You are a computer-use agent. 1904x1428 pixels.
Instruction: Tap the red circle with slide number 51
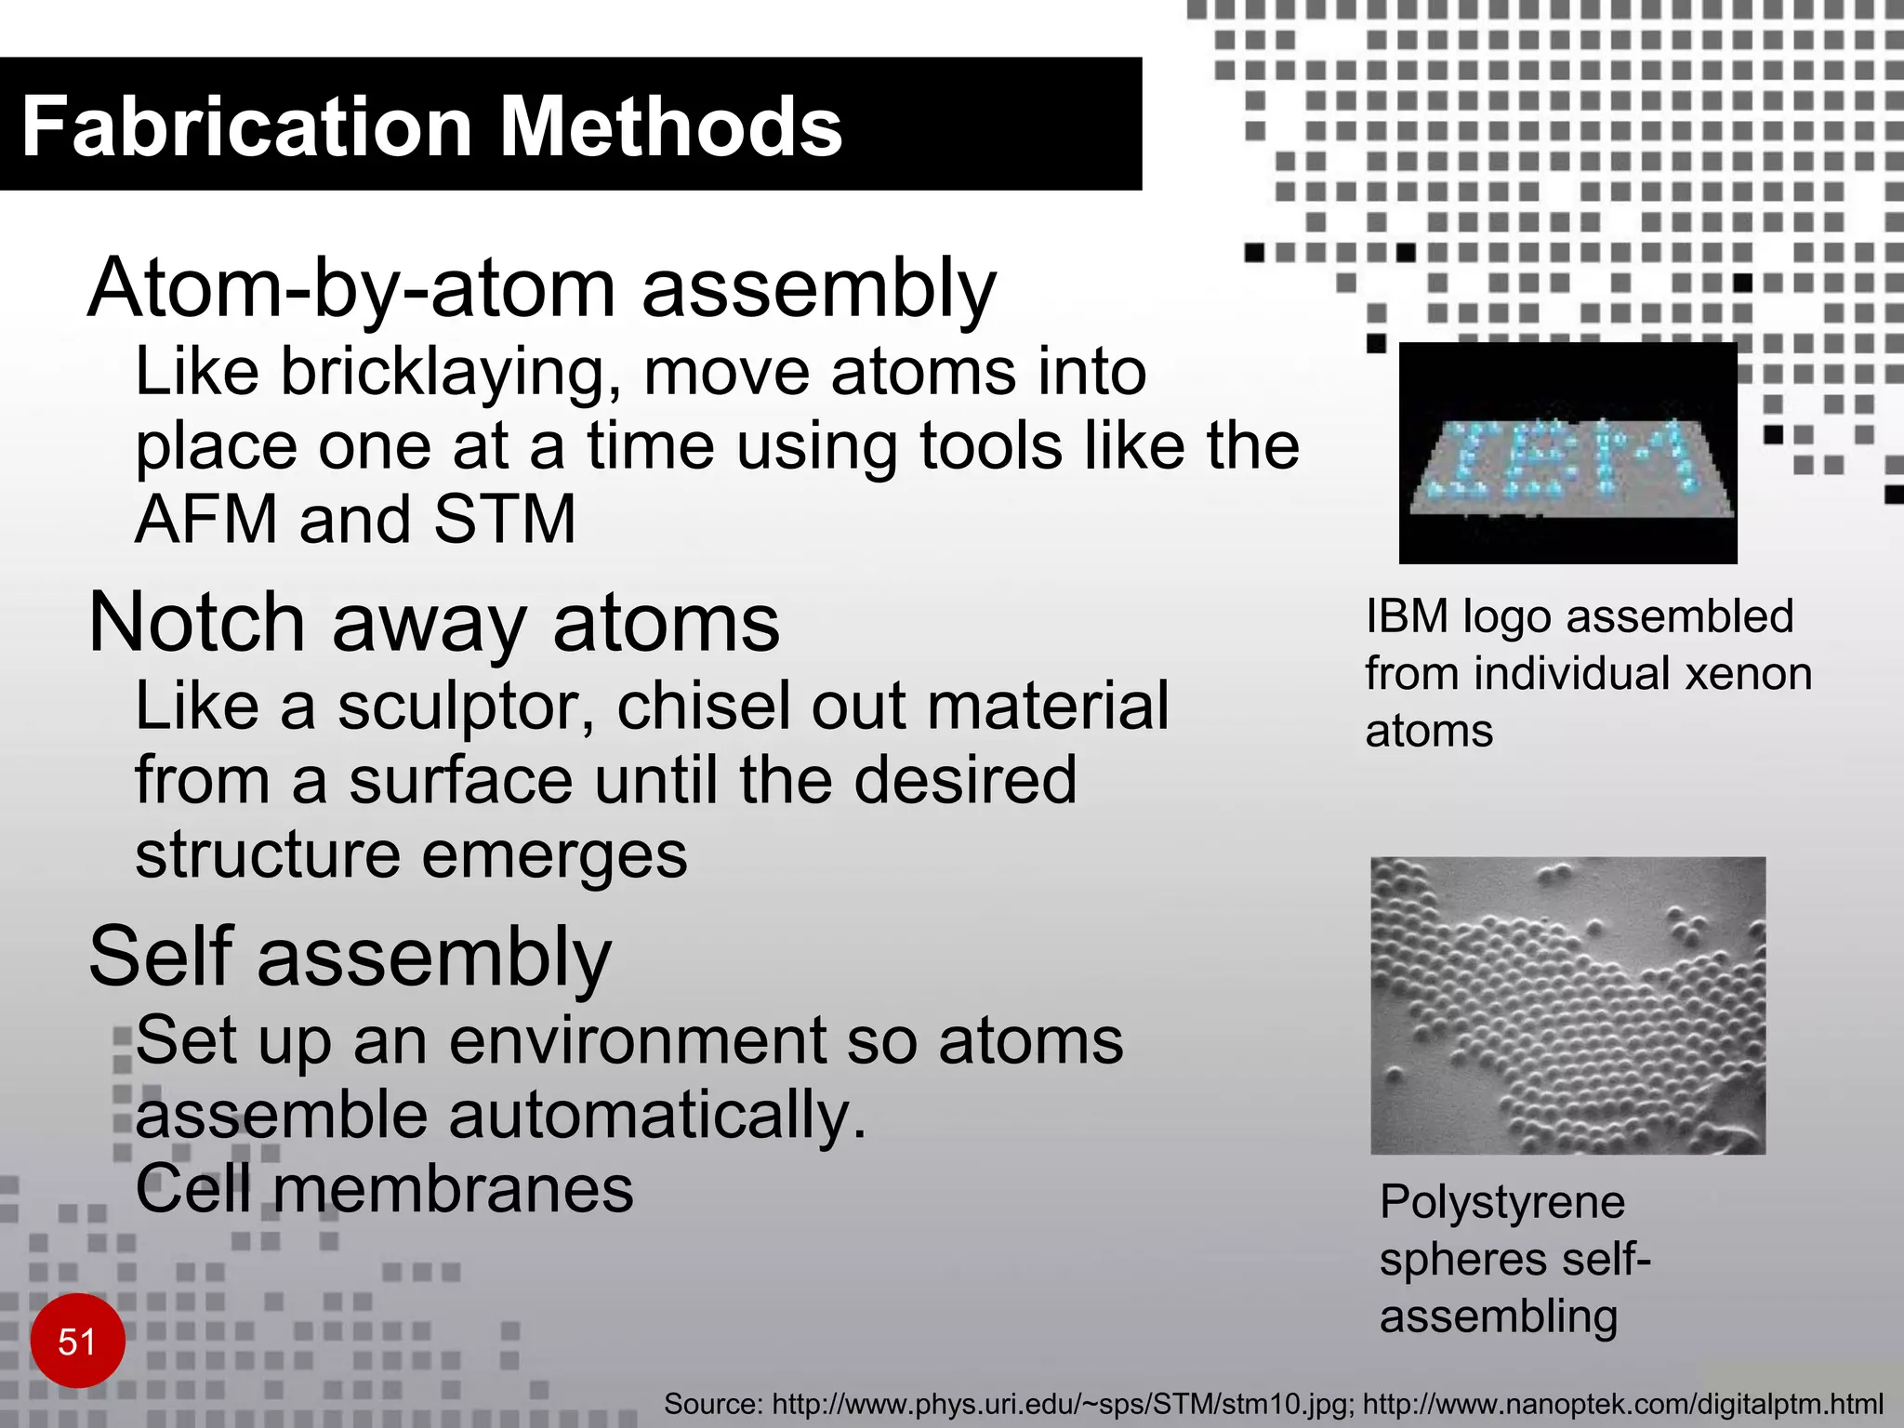pyautogui.click(x=77, y=1342)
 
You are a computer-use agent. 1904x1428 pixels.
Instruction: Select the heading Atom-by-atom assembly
pyautogui.click(x=542, y=288)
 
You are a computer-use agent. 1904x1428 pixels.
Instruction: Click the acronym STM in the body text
pyautogui.click(x=505, y=519)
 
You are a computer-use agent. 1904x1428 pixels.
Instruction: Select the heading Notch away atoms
pyautogui.click(x=434, y=623)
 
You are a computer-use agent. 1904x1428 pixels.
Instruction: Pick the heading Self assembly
pyautogui.click(x=350, y=958)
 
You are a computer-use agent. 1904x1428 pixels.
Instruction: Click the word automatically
pyautogui.click(x=657, y=1116)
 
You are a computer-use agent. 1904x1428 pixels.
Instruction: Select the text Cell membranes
pyautogui.click(x=384, y=1190)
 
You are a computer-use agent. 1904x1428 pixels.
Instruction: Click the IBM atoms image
pyautogui.click(x=1567, y=453)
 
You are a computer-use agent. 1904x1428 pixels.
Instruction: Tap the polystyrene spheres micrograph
pyautogui.click(x=1567, y=1005)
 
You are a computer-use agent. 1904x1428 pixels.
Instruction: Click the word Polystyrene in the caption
pyautogui.click(x=1502, y=1202)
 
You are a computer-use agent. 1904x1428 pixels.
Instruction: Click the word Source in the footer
pyautogui.click(x=712, y=1404)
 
